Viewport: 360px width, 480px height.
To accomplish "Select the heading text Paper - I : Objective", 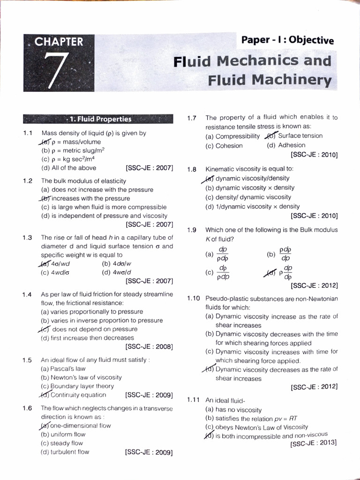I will [287, 40].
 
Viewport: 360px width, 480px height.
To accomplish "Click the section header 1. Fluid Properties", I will [99, 119].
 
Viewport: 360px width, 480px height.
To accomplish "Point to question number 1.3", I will [27, 238].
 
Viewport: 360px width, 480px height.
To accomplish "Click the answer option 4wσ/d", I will [121, 272].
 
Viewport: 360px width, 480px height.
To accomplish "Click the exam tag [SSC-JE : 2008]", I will [150, 347].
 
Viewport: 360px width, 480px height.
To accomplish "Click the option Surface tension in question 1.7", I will [299, 136].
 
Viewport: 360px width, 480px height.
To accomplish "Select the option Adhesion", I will [292, 145].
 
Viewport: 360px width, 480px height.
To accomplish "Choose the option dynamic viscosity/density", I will [252, 178].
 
